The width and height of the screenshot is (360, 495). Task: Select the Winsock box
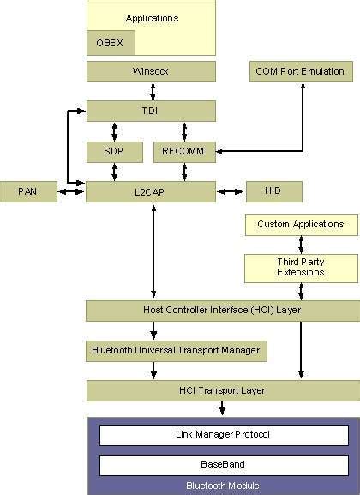pyautogui.click(x=151, y=71)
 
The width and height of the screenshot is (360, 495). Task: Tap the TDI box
pyautogui.click(x=151, y=111)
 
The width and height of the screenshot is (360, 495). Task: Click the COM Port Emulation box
pyautogui.click(x=300, y=71)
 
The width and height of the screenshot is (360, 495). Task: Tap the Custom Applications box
pyautogui.click(x=300, y=225)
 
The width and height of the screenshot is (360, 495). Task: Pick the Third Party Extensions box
pyautogui.click(x=300, y=267)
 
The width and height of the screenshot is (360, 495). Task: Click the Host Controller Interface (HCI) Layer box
pyautogui.click(x=222, y=310)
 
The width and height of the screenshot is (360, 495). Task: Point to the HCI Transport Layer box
pyautogui.click(x=222, y=391)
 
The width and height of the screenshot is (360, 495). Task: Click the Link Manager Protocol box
pyautogui.click(x=222, y=435)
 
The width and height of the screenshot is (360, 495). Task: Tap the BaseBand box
pyautogui.click(x=222, y=465)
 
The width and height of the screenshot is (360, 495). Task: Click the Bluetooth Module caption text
pyautogui.click(x=222, y=486)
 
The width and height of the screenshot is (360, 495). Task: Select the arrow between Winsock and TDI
pyautogui.click(x=152, y=91)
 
